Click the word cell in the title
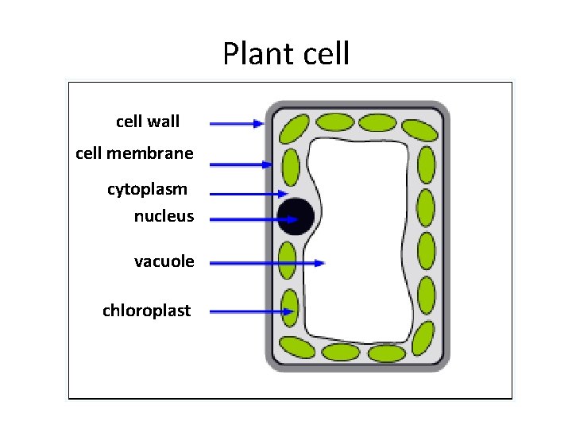tap(327, 54)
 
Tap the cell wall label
tap(148, 122)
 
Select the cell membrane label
tap(134, 153)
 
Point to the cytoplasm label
tap(148, 189)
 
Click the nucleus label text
tap(164, 215)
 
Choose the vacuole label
tap(164, 261)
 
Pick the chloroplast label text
tap(146, 310)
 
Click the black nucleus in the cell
tap(296, 216)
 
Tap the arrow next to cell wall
tap(236, 123)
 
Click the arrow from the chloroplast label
tap(252, 311)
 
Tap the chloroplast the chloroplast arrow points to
tap(288, 306)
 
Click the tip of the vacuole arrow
tap(323, 261)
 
